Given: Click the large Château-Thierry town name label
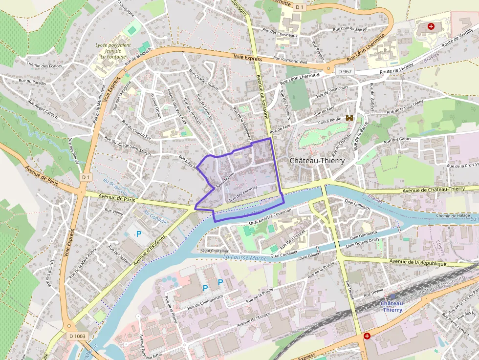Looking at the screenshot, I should tap(317, 160).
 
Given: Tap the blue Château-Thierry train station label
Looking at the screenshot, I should tap(392, 306).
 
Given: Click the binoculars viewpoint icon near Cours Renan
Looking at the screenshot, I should tap(349, 118).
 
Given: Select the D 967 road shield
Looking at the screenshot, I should tap(345, 71).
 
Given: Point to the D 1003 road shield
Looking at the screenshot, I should tap(77, 336).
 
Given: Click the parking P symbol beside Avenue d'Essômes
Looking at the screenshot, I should tap(139, 234).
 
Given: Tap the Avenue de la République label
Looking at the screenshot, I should tap(419, 263).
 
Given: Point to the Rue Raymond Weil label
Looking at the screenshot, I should tap(290, 61).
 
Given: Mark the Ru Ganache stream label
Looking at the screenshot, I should tap(156, 217).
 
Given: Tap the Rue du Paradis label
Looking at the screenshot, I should tap(31, 83).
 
